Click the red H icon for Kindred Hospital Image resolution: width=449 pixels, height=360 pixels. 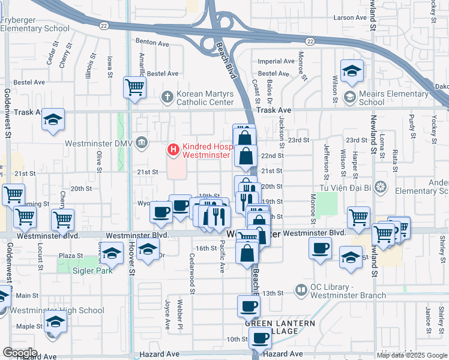coord(173,149)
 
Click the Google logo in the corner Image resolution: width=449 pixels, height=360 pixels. coord(20,352)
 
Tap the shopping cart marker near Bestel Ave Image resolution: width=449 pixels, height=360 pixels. coord(135,88)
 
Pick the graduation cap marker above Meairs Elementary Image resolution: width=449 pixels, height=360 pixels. coord(352,71)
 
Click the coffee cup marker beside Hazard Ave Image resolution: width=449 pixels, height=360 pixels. coord(259,338)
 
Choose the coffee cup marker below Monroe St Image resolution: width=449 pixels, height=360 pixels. coord(321,248)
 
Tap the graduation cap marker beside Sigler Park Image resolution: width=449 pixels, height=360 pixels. coord(112,254)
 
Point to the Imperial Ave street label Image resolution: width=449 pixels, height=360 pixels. coord(276,61)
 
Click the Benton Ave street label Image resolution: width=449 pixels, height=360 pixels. coord(152,43)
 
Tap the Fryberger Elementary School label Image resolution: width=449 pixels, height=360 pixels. coord(35,24)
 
